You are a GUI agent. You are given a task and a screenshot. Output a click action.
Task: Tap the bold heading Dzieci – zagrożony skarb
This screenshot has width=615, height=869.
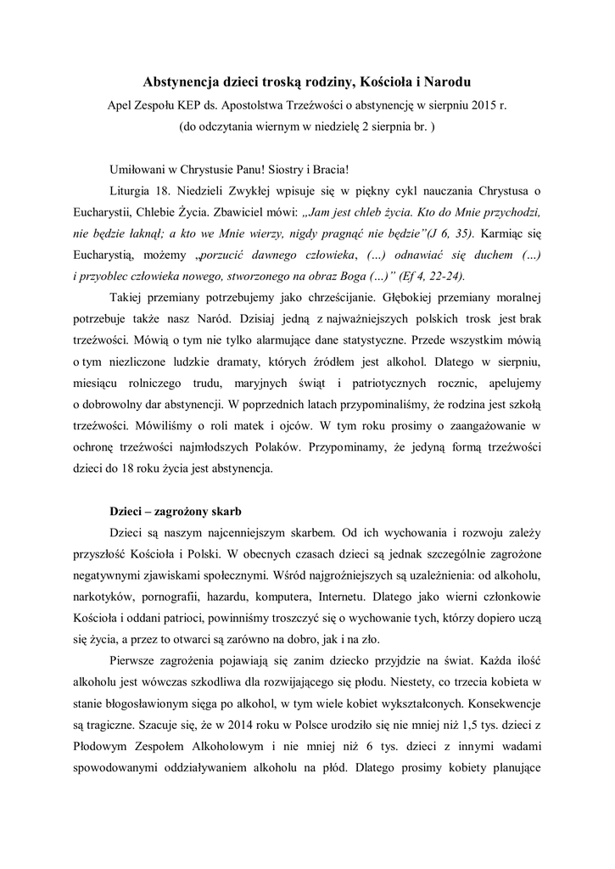(176, 513)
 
